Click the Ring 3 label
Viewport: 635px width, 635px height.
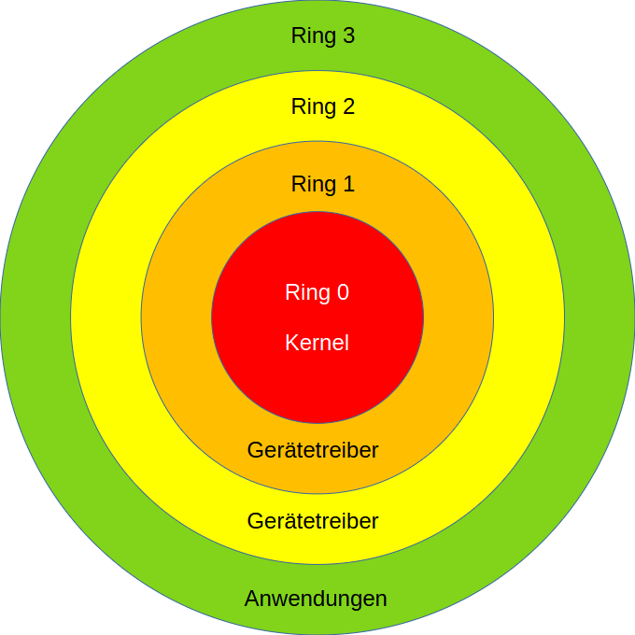[x=322, y=36]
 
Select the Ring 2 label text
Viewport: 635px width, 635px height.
[x=322, y=106]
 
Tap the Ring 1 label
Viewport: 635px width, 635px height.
[x=322, y=184]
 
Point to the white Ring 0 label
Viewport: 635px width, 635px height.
[x=317, y=292]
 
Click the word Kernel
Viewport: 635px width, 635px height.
[x=317, y=343]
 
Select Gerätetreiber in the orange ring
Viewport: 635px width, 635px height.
[x=313, y=450]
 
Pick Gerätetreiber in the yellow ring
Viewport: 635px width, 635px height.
[x=313, y=521]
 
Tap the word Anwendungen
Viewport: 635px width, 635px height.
[x=316, y=599]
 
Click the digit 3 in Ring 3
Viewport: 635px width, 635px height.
[x=348, y=36]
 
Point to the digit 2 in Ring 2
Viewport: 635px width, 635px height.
[x=348, y=106]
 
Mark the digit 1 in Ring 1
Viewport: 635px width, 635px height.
[x=348, y=184]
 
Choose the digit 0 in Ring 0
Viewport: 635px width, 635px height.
[x=343, y=292]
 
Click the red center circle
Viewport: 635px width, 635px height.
[x=317, y=383]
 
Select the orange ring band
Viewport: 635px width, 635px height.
[x=177, y=317]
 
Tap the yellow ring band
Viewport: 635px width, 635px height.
[x=106, y=317]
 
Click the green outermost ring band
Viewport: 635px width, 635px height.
[x=35, y=317]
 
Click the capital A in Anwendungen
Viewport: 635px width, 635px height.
[x=252, y=599]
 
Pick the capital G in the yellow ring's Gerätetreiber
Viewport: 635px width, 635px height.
[x=255, y=521]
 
